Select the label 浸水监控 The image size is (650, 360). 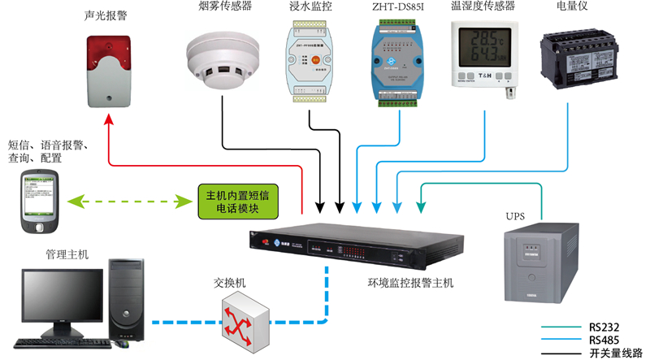coord(310,9)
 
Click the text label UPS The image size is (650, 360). coord(516,218)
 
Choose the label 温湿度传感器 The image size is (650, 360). coord(483,9)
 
